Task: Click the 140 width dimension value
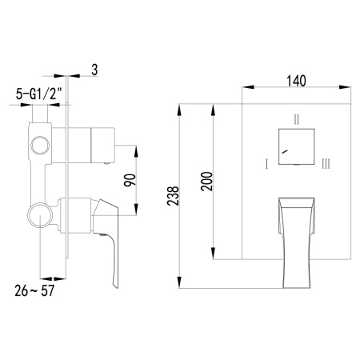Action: tap(296, 80)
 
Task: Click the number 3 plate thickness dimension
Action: tap(94, 70)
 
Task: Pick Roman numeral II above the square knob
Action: tap(296, 120)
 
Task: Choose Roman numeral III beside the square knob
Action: tap(326, 164)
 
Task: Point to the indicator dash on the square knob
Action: tap(286, 150)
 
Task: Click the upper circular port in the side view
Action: tap(37, 145)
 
